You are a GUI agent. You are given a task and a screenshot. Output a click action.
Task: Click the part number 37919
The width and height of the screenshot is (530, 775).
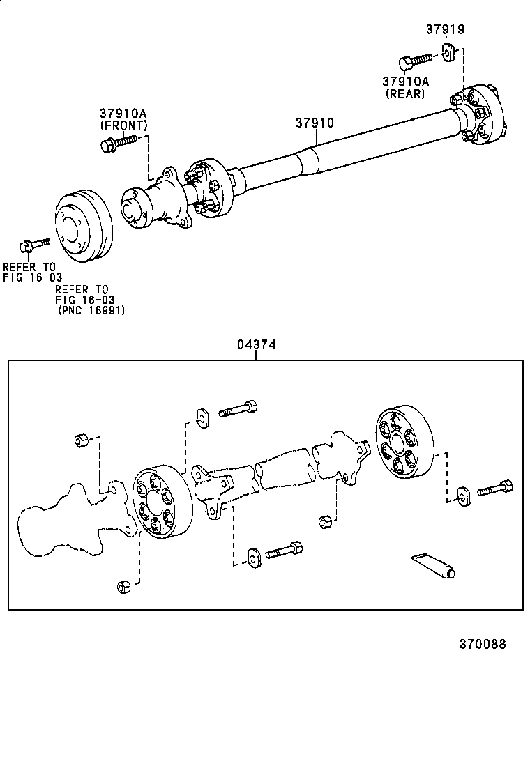(x=445, y=29)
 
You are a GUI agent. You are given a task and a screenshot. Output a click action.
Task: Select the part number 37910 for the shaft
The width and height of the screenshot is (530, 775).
(x=315, y=123)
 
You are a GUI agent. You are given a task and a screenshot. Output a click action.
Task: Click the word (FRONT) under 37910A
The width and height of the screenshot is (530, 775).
(x=123, y=125)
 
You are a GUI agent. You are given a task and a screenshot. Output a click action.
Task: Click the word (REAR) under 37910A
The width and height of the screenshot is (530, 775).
(x=404, y=93)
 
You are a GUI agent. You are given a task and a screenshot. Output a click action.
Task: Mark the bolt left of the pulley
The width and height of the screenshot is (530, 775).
(x=33, y=244)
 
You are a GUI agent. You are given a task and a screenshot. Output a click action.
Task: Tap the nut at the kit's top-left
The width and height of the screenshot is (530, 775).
(x=80, y=440)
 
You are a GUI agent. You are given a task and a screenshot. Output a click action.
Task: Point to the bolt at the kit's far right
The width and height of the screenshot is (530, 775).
(x=494, y=490)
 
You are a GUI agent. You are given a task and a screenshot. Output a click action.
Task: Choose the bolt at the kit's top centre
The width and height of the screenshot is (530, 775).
(x=238, y=408)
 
